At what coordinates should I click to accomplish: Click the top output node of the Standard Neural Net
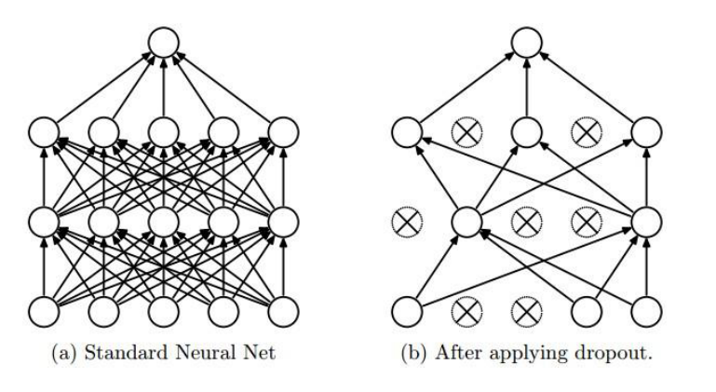pyautogui.click(x=164, y=42)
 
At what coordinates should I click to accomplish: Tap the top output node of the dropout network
pyautogui.click(x=526, y=42)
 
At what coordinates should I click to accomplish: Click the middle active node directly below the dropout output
pyautogui.click(x=526, y=132)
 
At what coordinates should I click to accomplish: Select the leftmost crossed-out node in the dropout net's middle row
pyautogui.click(x=407, y=221)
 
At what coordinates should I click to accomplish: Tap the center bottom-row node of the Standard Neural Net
pyautogui.click(x=164, y=309)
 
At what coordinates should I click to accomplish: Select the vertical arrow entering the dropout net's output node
pyautogui.click(x=526, y=88)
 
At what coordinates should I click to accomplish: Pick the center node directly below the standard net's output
pyautogui.click(x=164, y=132)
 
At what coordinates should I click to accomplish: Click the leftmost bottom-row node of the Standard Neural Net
pyautogui.click(x=45, y=309)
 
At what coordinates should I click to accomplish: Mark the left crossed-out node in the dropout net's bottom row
pyautogui.click(x=466, y=309)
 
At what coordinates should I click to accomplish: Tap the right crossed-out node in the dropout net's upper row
pyautogui.click(x=585, y=132)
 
